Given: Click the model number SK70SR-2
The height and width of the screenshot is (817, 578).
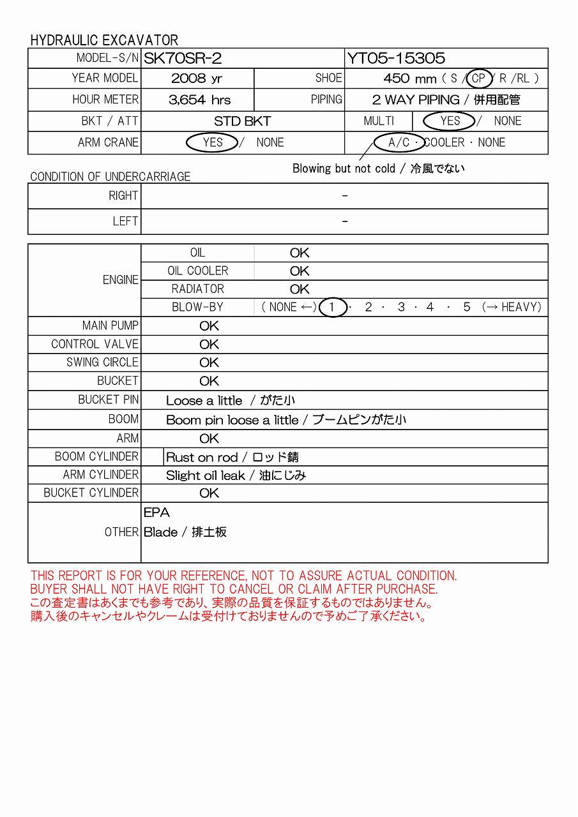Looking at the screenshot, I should (183, 59).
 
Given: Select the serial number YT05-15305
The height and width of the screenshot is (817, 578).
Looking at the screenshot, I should (396, 59).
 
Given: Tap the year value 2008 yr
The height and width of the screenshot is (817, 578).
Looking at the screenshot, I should (197, 79).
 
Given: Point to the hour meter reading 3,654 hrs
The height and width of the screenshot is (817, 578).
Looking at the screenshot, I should (199, 100).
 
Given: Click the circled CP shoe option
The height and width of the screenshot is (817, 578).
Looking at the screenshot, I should (479, 79).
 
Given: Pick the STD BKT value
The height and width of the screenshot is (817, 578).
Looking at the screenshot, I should (242, 121).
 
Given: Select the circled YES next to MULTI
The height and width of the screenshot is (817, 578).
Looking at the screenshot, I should (450, 121).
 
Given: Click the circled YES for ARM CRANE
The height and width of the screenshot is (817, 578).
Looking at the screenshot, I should (212, 142).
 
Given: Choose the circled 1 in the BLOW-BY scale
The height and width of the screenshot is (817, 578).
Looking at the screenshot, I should (332, 307).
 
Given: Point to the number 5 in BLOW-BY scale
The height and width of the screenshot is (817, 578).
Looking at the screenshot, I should (467, 307).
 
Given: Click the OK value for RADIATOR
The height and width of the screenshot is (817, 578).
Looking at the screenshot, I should (300, 289).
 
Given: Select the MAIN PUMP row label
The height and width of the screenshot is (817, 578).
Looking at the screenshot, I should (110, 326).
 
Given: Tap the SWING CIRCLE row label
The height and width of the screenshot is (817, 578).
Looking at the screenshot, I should (102, 362).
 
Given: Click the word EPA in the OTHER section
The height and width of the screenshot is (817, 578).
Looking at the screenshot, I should (156, 513).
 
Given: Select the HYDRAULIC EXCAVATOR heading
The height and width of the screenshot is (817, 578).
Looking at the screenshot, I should (104, 40).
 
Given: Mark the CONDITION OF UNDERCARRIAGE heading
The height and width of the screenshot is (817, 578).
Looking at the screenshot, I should (110, 177).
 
